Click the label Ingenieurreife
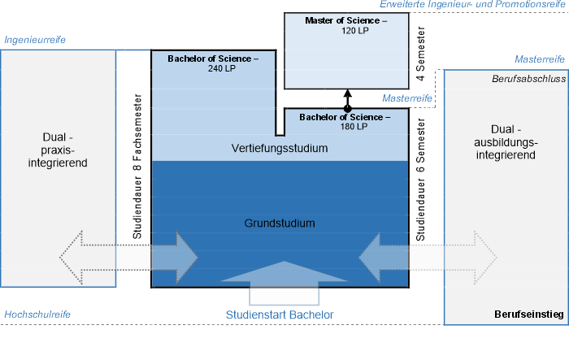click(35, 39)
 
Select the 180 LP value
click(345, 126)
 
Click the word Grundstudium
click(279, 223)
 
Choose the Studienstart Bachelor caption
click(280, 314)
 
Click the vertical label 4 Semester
click(420, 58)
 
